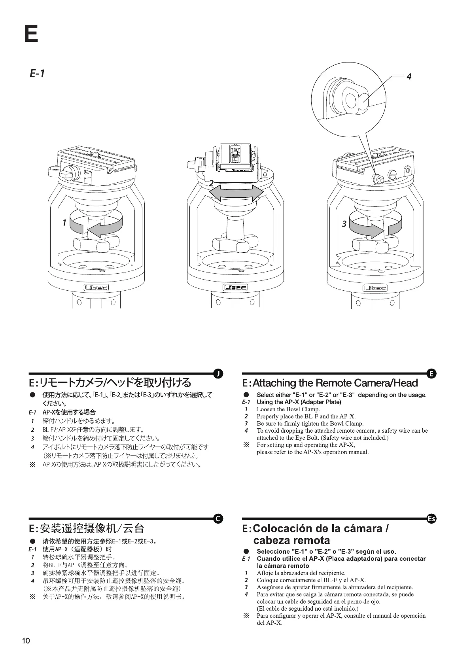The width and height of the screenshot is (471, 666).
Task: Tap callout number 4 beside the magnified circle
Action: tap(409, 77)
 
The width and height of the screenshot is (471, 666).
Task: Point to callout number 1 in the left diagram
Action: tap(64, 223)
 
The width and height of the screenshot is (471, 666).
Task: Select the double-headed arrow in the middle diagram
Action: tap(236, 193)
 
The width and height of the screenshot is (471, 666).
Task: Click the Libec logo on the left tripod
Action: tap(96, 288)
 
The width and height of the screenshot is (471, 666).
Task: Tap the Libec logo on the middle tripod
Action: tap(236, 288)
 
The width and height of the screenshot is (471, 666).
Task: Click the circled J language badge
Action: tap(218, 373)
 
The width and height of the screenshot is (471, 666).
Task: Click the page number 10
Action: tap(26, 641)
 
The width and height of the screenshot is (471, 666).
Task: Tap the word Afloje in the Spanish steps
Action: tap(265, 573)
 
